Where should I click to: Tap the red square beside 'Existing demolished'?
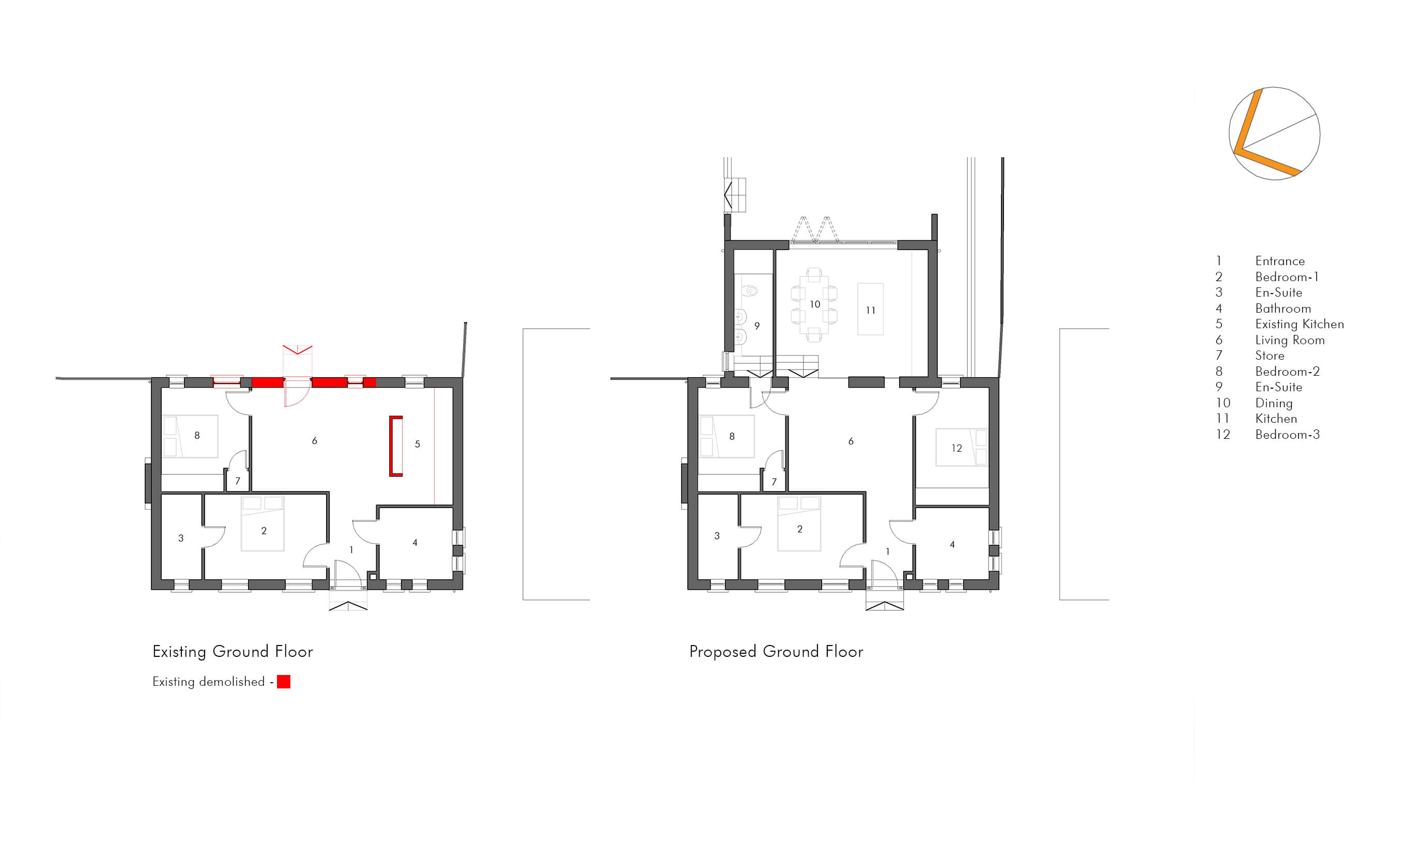point(284,682)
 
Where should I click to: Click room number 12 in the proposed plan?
point(956,448)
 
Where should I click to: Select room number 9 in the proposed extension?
point(756,326)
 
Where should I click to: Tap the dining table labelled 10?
point(814,304)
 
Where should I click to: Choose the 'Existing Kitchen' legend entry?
point(1299,324)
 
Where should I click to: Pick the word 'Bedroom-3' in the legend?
point(1287,435)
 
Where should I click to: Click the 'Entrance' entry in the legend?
point(1280,261)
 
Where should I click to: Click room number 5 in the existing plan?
point(418,444)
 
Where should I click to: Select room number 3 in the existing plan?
point(181,537)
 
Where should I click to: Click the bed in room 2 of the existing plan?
point(262,524)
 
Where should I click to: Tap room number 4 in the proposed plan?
point(952,544)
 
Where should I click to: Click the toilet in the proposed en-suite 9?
point(750,291)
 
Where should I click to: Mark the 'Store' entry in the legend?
point(1270,355)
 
